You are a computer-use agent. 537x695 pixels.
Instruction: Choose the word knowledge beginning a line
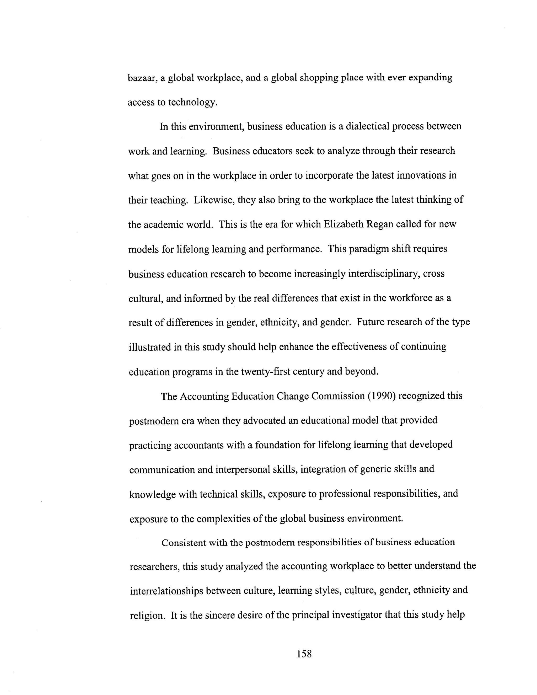click(152, 494)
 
